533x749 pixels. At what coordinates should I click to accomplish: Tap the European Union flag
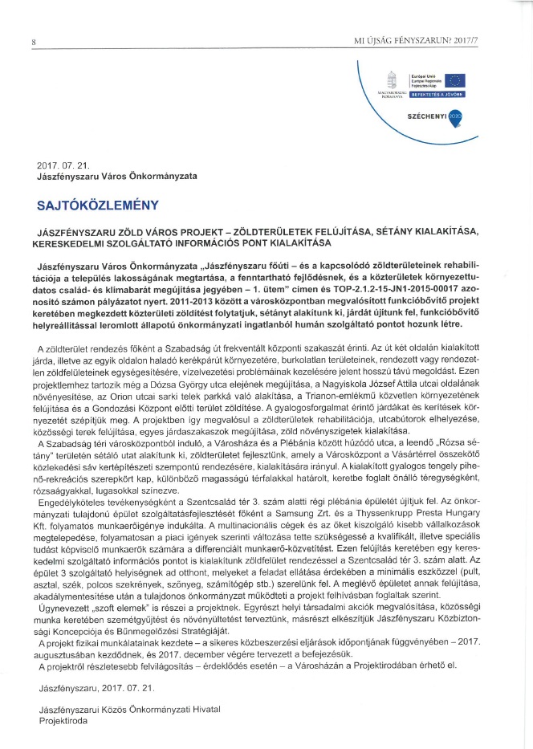tap(455, 79)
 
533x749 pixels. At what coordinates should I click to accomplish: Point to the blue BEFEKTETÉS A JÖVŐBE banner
tap(437, 94)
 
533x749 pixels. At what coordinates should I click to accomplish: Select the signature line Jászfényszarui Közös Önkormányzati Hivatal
tap(129, 709)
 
